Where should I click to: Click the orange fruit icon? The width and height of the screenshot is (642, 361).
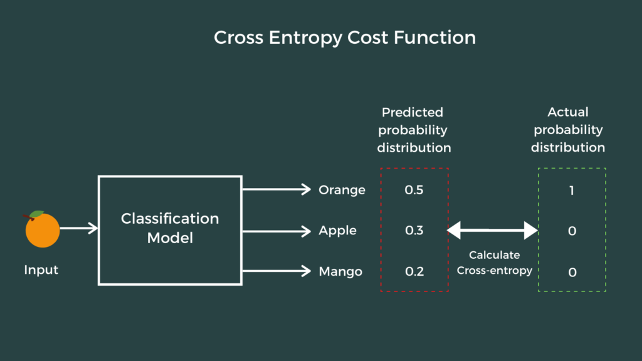pos(43,230)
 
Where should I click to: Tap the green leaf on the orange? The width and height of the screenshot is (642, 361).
pos(37,214)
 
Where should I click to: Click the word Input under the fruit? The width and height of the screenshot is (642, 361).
pos(41,270)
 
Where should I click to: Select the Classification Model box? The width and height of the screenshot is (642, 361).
pos(170,230)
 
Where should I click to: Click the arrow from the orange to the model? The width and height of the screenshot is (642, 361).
pos(79,229)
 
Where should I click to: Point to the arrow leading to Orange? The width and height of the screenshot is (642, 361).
pos(276,189)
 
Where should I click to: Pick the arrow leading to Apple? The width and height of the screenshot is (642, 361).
pos(276,231)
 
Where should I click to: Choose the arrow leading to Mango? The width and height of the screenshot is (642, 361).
pos(276,271)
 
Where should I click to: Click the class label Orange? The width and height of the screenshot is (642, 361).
pos(342,189)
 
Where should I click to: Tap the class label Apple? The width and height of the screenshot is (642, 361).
pos(337,231)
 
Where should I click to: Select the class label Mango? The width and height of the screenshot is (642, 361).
pos(340,272)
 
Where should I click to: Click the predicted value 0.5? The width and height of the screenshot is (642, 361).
pos(414,189)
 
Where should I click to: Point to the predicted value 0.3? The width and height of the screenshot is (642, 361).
pos(414,231)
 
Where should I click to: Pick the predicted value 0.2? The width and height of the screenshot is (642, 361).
pos(414,272)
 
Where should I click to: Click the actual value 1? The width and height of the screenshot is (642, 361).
pos(572,189)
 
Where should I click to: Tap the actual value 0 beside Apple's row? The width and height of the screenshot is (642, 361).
pos(572,231)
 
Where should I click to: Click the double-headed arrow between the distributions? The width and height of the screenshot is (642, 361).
pos(493,231)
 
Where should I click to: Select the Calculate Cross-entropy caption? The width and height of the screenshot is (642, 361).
pos(495,263)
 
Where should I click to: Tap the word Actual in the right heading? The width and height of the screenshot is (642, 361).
pos(568,112)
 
